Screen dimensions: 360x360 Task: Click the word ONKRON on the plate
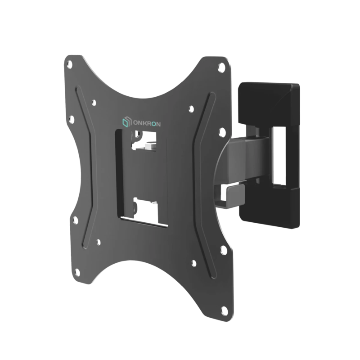click(x=147, y=124)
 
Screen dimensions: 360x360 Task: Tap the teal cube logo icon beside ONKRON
click(x=126, y=122)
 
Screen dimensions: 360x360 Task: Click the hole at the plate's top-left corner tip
click(x=70, y=64)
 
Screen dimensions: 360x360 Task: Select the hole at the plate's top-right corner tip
click(x=222, y=67)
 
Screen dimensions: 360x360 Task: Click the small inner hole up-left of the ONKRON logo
click(x=94, y=103)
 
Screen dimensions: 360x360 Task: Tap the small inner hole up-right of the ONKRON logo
click(x=191, y=109)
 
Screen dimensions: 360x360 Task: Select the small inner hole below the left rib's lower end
click(x=99, y=242)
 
